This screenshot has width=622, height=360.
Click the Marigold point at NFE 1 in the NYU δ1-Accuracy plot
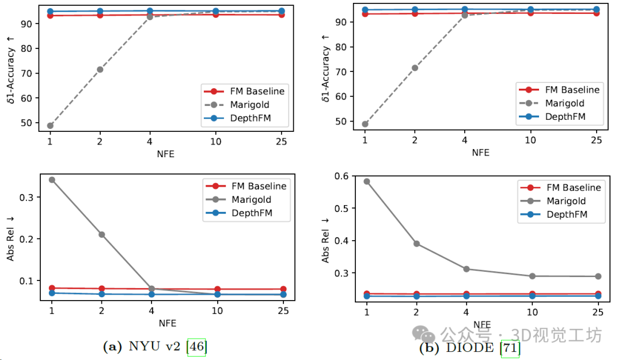50,126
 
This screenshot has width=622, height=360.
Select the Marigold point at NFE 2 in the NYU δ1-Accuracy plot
100,69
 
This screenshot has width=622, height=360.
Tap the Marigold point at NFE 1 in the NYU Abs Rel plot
52,180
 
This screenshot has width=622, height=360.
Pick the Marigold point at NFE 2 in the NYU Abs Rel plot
101,234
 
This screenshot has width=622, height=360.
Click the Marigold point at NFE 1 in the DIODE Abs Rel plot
366,181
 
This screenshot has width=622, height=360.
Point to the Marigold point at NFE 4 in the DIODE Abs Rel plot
466,269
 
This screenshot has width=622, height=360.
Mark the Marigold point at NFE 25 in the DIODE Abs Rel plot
598,276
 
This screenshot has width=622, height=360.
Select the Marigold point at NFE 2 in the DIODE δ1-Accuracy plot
415,68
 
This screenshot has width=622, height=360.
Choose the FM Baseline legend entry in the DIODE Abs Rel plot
574,187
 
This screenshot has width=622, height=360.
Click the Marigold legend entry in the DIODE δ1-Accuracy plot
564,103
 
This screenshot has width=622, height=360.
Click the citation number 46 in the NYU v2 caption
196,347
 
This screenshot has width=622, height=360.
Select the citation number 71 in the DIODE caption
510,348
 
